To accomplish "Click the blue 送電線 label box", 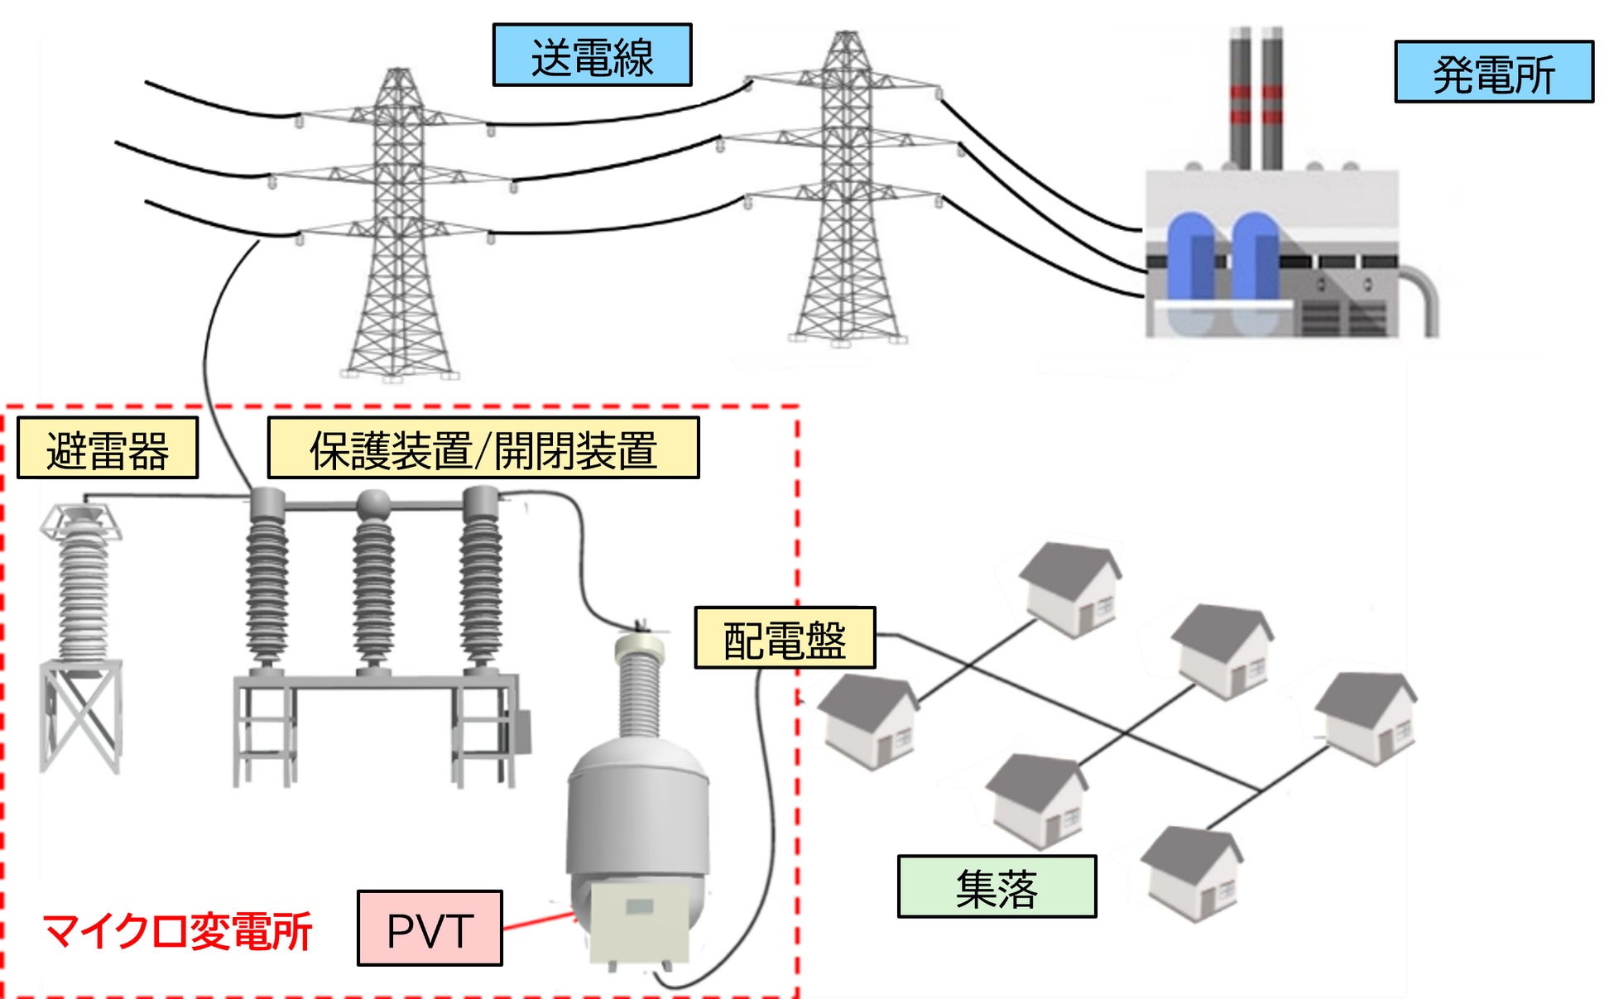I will click(x=592, y=55).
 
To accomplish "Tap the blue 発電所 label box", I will click(x=1493, y=72).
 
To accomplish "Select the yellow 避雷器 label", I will click(x=108, y=449).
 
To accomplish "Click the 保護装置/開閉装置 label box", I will click(x=483, y=449).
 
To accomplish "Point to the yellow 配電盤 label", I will click(x=784, y=637).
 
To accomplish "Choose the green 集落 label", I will click(x=997, y=886).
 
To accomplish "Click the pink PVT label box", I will click(x=430, y=928).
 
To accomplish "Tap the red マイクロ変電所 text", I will click(x=176, y=930).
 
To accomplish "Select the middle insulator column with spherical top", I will click(x=373, y=579).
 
